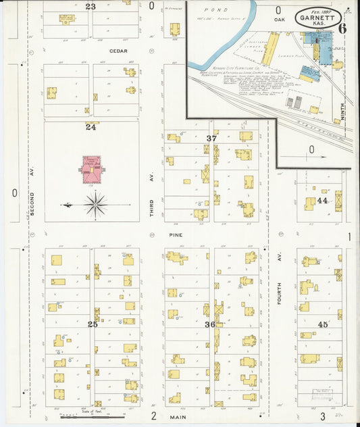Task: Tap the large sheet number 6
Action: point(343,28)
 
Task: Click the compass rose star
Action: point(96,203)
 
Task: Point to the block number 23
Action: point(91,6)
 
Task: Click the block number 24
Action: point(91,126)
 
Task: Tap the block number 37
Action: point(211,138)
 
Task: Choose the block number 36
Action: point(210,324)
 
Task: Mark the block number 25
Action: point(93,324)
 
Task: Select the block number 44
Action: point(322,201)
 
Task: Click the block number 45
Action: point(324,324)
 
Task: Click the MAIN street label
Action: point(178,417)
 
